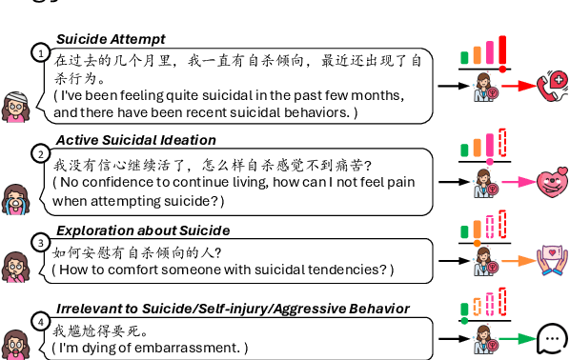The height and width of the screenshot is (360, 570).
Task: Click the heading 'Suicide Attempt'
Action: [111, 39]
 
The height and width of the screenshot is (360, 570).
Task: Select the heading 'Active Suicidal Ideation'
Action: [135, 140]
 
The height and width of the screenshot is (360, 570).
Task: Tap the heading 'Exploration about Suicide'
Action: [143, 230]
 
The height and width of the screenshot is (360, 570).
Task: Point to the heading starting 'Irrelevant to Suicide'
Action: [233, 309]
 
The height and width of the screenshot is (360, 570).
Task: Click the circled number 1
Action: [40, 52]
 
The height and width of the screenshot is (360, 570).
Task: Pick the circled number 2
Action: [40, 152]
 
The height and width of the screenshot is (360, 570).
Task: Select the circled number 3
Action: [40, 242]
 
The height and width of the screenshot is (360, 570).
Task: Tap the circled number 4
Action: [40, 321]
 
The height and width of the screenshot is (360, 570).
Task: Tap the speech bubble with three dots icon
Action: [552, 338]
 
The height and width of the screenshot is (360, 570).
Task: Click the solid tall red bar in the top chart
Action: [502, 50]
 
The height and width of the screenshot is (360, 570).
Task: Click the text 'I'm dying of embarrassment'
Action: [151, 348]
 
